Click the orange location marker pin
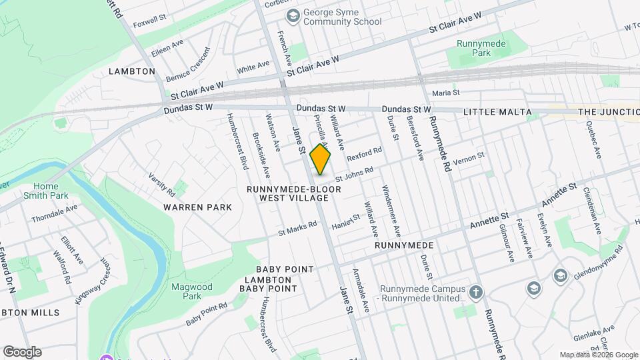(x=320, y=159)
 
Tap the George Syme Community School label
(x=342, y=17)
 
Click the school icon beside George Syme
(x=292, y=15)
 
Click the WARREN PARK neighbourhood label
(x=198, y=207)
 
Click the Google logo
(x=22, y=351)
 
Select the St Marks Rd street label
(x=297, y=229)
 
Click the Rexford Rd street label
(x=364, y=155)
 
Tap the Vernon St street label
(x=467, y=161)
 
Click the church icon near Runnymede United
(x=476, y=292)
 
